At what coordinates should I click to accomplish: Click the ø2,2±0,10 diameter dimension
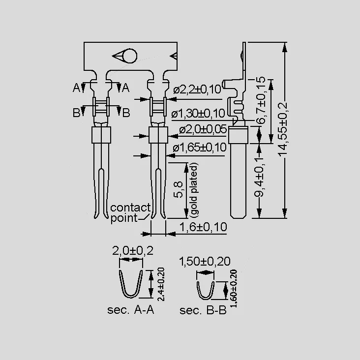(197, 90)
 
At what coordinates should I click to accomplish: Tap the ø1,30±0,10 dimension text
(198, 114)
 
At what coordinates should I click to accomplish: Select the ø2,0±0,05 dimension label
(203, 130)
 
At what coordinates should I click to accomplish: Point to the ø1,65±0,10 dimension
(200, 148)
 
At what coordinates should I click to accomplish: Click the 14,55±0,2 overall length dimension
(283, 129)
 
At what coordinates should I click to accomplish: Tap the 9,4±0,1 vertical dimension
(259, 177)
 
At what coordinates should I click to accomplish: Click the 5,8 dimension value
(179, 189)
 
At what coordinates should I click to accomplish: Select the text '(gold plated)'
(194, 190)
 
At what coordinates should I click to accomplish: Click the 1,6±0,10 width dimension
(203, 227)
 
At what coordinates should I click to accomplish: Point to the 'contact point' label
(130, 213)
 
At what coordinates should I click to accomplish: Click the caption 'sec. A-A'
(130, 310)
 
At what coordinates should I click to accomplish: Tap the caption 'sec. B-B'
(203, 310)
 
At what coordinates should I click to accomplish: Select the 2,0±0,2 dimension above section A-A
(133, 251)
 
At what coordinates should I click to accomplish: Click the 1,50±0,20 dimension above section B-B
(205, 262)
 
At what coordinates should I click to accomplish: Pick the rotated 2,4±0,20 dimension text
(161, 284)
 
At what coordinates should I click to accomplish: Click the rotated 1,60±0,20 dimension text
(234, 289)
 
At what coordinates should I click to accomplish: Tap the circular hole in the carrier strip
(130, 56)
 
